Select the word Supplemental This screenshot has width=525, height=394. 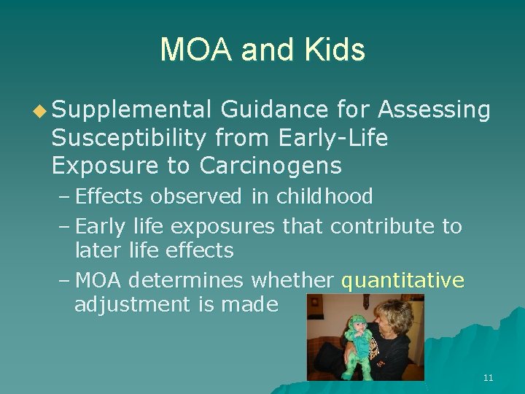(x=132, y=109)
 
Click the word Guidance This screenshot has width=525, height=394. (x=273, y=109)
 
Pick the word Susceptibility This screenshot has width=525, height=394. (x=131, y=138)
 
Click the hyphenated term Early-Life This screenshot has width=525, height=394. (x=332, y=138)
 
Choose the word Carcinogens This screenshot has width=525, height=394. (x=271, y=166)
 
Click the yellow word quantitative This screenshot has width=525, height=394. (x=402, y=279)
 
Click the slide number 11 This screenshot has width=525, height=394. (x=488, y=378)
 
